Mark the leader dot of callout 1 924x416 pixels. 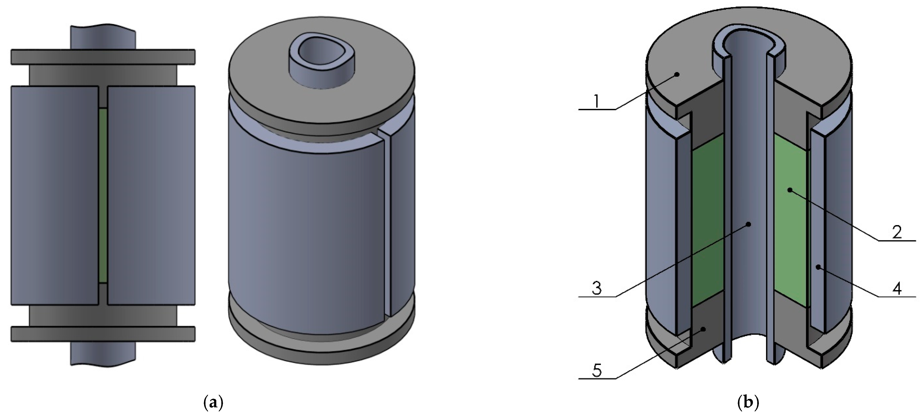677,75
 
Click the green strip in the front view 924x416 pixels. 103,196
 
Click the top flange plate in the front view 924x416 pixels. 103,57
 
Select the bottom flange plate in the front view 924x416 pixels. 103,334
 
